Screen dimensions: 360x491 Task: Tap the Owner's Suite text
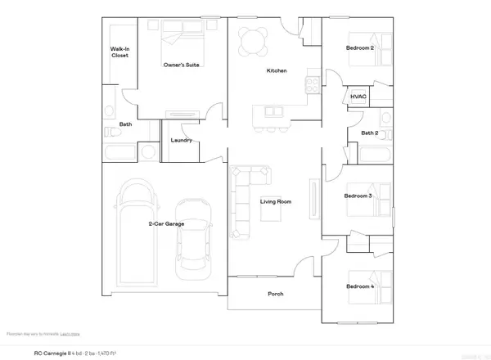pos(183,65)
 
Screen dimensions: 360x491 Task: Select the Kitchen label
pos(277,71)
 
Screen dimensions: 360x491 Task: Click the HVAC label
pos(358,97)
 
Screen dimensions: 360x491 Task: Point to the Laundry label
pos(181,140)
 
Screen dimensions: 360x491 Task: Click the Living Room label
pos(277,201)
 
